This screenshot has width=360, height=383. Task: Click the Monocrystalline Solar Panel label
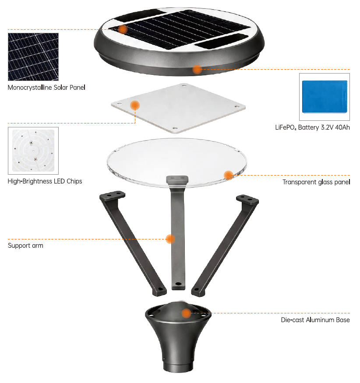tap(46, 88)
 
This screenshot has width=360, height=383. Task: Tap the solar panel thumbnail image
tap(33, 56)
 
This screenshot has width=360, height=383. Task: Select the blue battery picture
tap(325, 97)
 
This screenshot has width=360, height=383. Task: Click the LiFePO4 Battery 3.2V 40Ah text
tap(312, 127)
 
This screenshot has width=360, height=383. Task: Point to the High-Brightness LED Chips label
tap(45, 181)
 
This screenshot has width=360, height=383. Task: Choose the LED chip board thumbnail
tap(33, 151)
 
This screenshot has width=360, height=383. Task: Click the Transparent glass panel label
tap(316, 182)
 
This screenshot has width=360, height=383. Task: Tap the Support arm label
tap(25, 246)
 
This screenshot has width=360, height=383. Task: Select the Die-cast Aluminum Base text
tap(315, 320)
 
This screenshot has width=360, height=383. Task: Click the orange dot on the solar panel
tap(123, 29)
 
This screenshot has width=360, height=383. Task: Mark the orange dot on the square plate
tap(135, 105)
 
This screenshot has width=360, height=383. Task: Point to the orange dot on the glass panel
tap(229, 175)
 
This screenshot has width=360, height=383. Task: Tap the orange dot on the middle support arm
tap(170, 239)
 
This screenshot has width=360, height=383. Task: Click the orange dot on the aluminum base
tap(186, 313)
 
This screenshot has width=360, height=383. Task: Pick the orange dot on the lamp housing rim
tap(197, 69)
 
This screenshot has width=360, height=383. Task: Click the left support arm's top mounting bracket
tap(113, 195)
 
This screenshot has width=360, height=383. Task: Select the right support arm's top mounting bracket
tap(247, 199)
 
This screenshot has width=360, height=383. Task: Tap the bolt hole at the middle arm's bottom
tap(178, 284)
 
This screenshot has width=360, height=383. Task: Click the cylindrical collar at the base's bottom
tap(178, 366)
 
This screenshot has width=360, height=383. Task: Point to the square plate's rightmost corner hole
tap(236, 106)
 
